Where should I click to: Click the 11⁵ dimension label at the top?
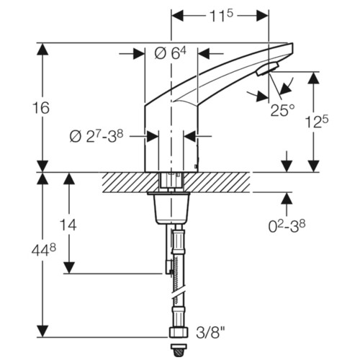[221, 17]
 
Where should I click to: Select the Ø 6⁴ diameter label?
[171, 53]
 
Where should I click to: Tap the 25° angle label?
[282, 110]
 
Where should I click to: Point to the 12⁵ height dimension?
[317, 122]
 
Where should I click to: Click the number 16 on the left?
[41, 108]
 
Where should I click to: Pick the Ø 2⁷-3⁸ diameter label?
[96, 137]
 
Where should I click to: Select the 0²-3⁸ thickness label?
[287, 226]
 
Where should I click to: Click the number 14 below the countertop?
[68, 225]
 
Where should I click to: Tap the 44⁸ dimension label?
[44, 251]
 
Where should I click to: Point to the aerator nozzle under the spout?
[267, 69]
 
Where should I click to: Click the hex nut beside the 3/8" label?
[178, 332]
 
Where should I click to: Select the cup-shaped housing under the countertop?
[171, 208]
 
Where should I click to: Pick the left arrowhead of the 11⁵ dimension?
[178, 17]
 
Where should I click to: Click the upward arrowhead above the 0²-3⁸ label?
[287, 198]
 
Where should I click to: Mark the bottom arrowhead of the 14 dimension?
[69, 268]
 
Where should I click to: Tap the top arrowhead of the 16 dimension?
[42, 49]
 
